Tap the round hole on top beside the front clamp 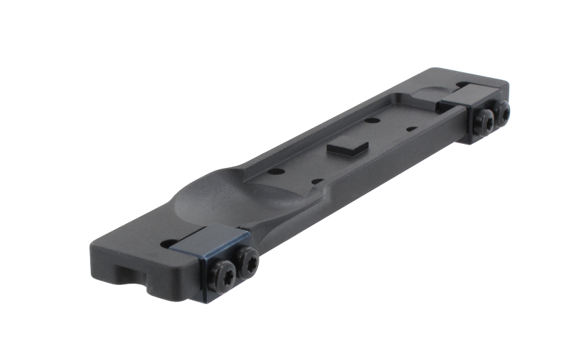click(166, 243)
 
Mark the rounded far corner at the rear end click(507, 81)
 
